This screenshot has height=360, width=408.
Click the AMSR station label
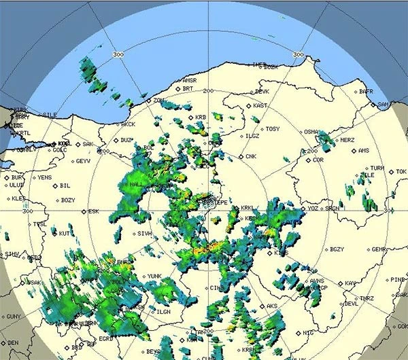(189, 80)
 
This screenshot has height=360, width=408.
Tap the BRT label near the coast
(188, 88)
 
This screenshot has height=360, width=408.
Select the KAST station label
(260, 106)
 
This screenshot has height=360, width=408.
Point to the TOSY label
(273, 129)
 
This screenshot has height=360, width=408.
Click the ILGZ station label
(253, 136)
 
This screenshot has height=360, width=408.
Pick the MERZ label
(347, 140)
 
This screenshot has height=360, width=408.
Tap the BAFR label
(367, 91)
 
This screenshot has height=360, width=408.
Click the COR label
(318, 160)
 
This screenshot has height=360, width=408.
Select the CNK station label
(251, 157)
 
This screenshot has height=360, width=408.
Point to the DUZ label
(126, 140)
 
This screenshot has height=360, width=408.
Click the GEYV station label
(84, 161)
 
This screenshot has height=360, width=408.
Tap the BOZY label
(68, 200)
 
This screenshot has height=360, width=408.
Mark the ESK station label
(94, 211)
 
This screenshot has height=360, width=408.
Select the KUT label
(65, 234)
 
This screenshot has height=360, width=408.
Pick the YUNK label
(154, 276)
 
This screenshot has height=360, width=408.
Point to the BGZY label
(337, 249)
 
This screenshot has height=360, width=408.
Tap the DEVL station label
(351, 304)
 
